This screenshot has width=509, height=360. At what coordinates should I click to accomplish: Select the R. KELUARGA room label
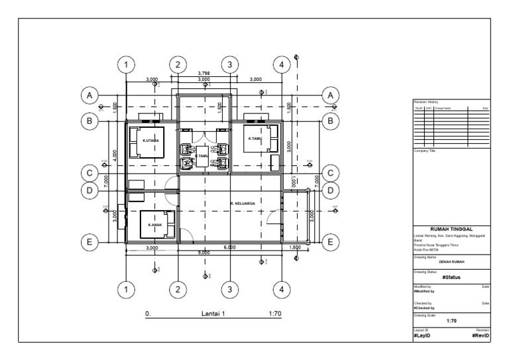pyautogui.click(x=241, y=203)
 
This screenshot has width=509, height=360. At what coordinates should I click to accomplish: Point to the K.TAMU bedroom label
pyautogui.click(x=254, y=139)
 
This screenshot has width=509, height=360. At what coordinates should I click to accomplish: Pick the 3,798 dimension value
pyautogui.click(x=203, y=74)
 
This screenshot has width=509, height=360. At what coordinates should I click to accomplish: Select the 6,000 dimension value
pyautogui.click(x=230, y=247)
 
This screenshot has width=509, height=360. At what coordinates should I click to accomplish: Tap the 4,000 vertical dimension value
pyautogui.click(x=115, y=154)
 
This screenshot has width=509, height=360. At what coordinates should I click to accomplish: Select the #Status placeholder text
pyautogui.click(x=451, y=278)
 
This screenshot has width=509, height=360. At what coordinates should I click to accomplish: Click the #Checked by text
pyautogui.click(x=424, y=308)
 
